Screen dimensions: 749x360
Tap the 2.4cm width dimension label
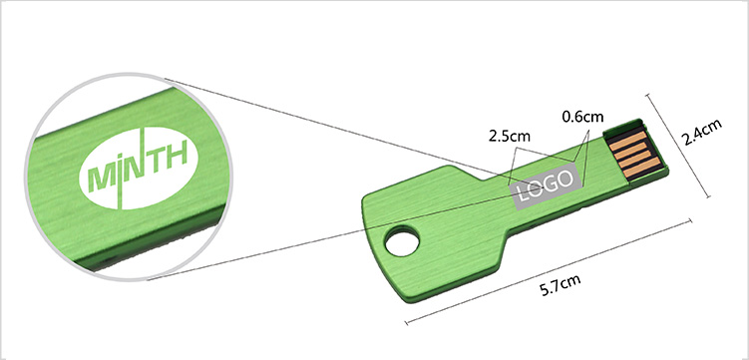point(701,132)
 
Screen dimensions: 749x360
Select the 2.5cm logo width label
point(510,136)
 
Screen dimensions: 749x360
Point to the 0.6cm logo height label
point(582,116)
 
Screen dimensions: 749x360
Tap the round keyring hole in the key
point(402,240)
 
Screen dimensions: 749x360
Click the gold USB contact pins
point(633,153)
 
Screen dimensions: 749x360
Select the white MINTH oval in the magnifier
point(139,169)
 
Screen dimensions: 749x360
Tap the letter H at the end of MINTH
point(177,157)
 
